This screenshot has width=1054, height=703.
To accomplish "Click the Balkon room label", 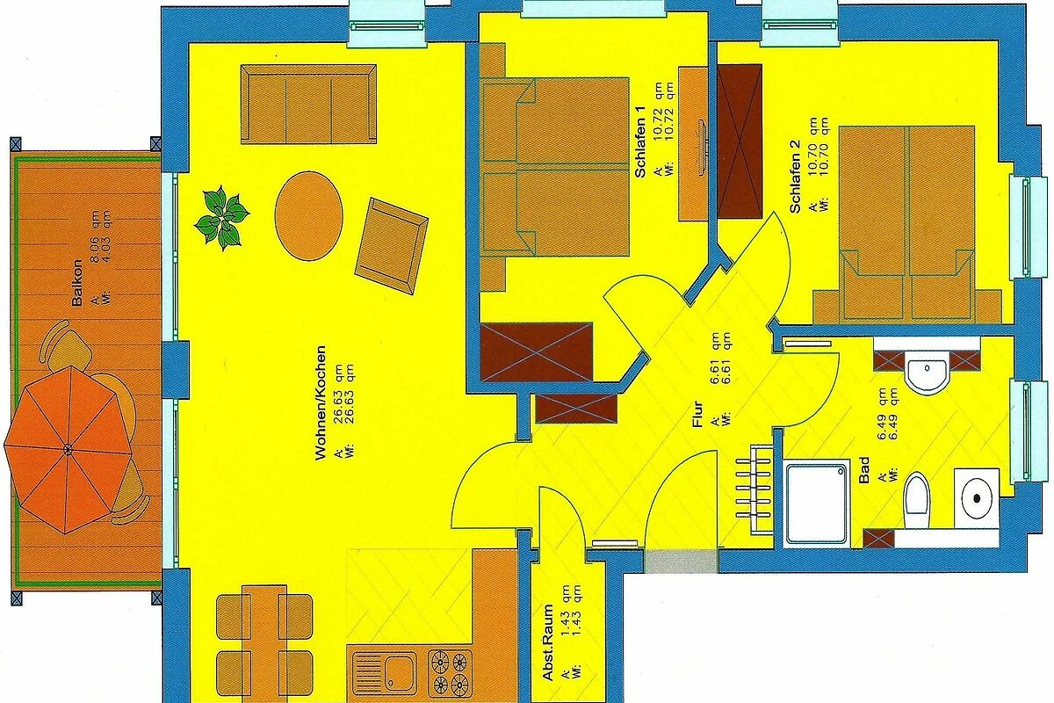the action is pyautogui.click(x=77, y=283).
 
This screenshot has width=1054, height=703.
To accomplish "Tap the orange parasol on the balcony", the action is pyautogui.click(x=68, y=450).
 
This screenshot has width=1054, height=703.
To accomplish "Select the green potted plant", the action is pyautogui.click(x=221, y=218).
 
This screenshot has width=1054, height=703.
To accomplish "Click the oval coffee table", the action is pyautogui.click(x=308, y=215).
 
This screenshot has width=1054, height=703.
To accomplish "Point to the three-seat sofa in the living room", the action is pyautogui.click(x=308, y=104).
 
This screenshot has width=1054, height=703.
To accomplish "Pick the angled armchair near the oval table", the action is pyautogui.click(x=392, y=246).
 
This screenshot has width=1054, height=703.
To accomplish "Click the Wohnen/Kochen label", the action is pyautogui.click(x=321, y=403).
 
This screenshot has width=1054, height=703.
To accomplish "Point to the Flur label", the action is pyautogui.click(x=697, y=414).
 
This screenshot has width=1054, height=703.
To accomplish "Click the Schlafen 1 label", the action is pyautogui.click(x=640, y=141).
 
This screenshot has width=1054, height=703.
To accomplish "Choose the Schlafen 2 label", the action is pyautogui.click(x=795, y=177).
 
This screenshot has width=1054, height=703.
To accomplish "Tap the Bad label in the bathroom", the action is pyautogui.click(x=864, y=469).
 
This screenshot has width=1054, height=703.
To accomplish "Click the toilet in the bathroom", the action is pyautogui.click(x=916, y=501).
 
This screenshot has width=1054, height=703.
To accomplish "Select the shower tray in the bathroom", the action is pyautogui.click(x=817, y=504).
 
